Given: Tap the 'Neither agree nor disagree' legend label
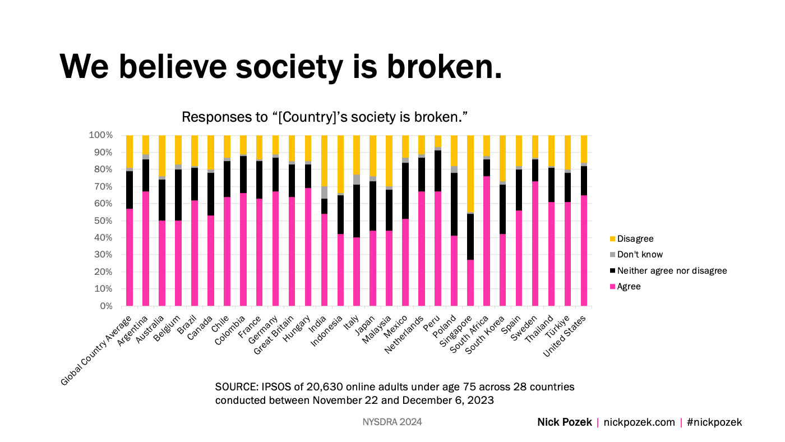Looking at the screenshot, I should (x=672, y=271).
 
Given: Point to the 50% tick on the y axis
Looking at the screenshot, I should (x=103, y=221).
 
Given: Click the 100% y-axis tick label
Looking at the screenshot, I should (x=101, y=136).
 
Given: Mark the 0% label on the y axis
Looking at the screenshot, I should (x=105, y=306).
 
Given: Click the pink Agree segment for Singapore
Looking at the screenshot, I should (x=470, y=283).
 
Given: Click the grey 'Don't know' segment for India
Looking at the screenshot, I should (x=325, y=192).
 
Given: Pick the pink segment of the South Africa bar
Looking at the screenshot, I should (x=487, y=241).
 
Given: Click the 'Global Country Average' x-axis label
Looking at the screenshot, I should (x=96, y=350).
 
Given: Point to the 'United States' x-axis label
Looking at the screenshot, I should (x=565, y=335).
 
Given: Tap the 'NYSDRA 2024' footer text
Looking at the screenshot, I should (x=392, y=422).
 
